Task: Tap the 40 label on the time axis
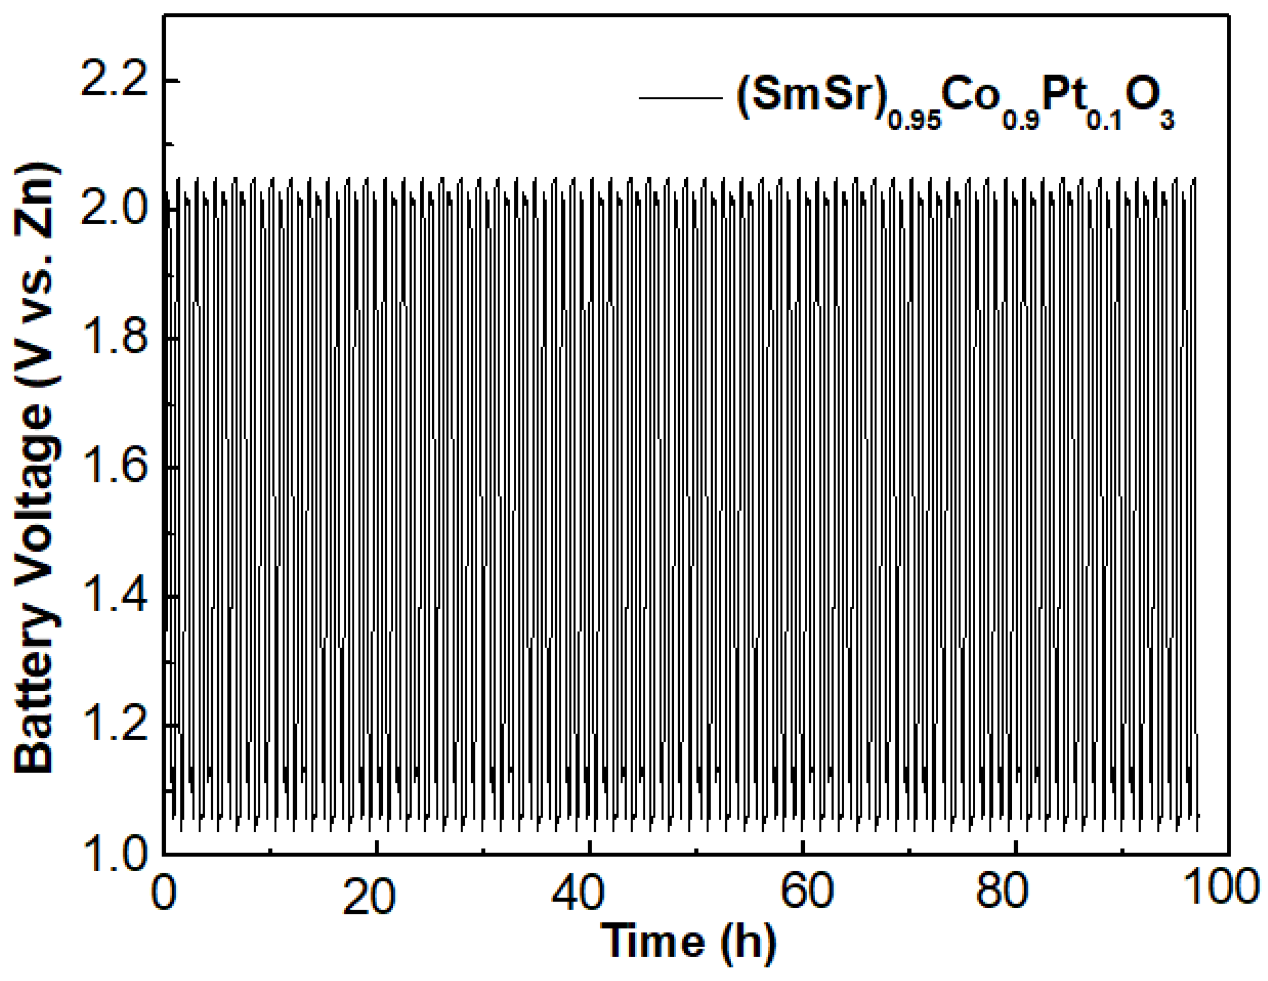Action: (x=578, y=892)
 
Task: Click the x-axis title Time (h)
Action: (x=688, y=941)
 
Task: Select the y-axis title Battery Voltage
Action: (x=36, y=467)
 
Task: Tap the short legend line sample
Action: (x=680, y=98)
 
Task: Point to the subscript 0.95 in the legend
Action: (x=914, y=121)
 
